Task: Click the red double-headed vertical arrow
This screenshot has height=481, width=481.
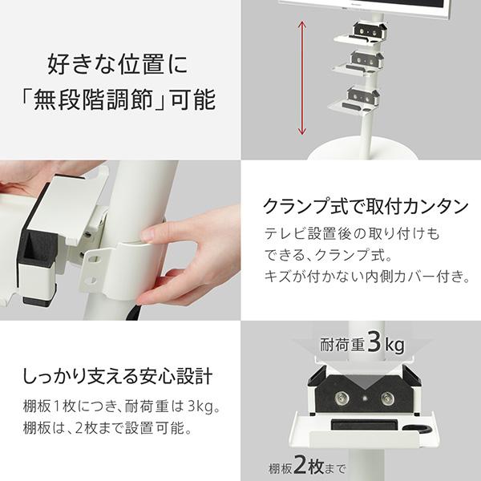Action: pyautogui.click(x=302, y=78)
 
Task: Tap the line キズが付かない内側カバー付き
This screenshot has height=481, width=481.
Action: pyautogui.click(x=366, y=277)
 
